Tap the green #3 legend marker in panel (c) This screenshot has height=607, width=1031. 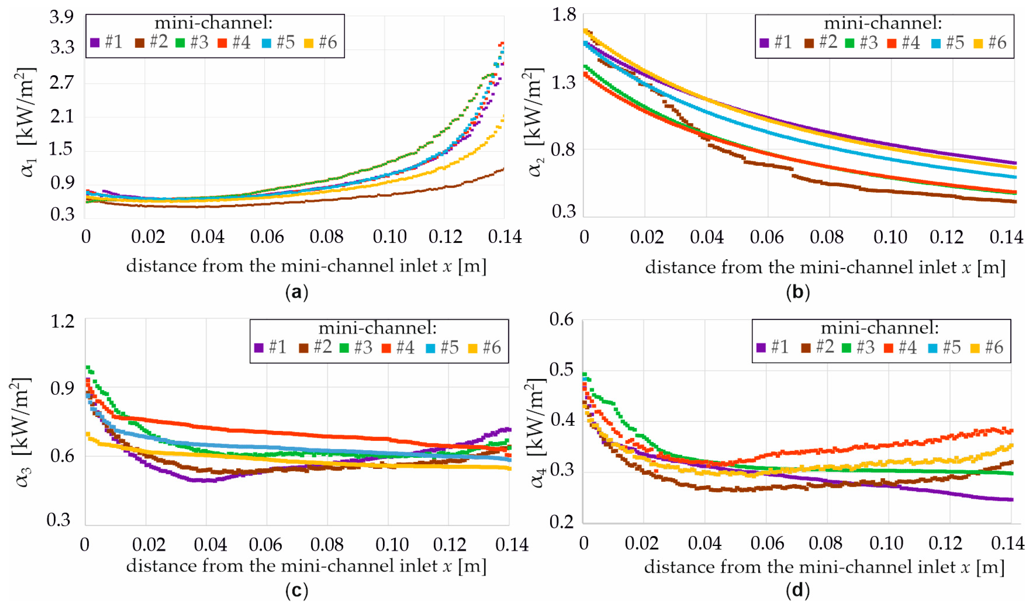point(344,348)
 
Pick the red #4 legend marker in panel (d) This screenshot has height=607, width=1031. point(888,348)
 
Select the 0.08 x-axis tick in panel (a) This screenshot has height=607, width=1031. point(326,237)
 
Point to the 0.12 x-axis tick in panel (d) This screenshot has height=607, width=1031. point(945,544)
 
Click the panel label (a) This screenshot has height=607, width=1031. point(297,292)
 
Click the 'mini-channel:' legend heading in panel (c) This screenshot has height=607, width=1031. point(377,328)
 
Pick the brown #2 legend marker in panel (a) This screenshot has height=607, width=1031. point(140,42)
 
